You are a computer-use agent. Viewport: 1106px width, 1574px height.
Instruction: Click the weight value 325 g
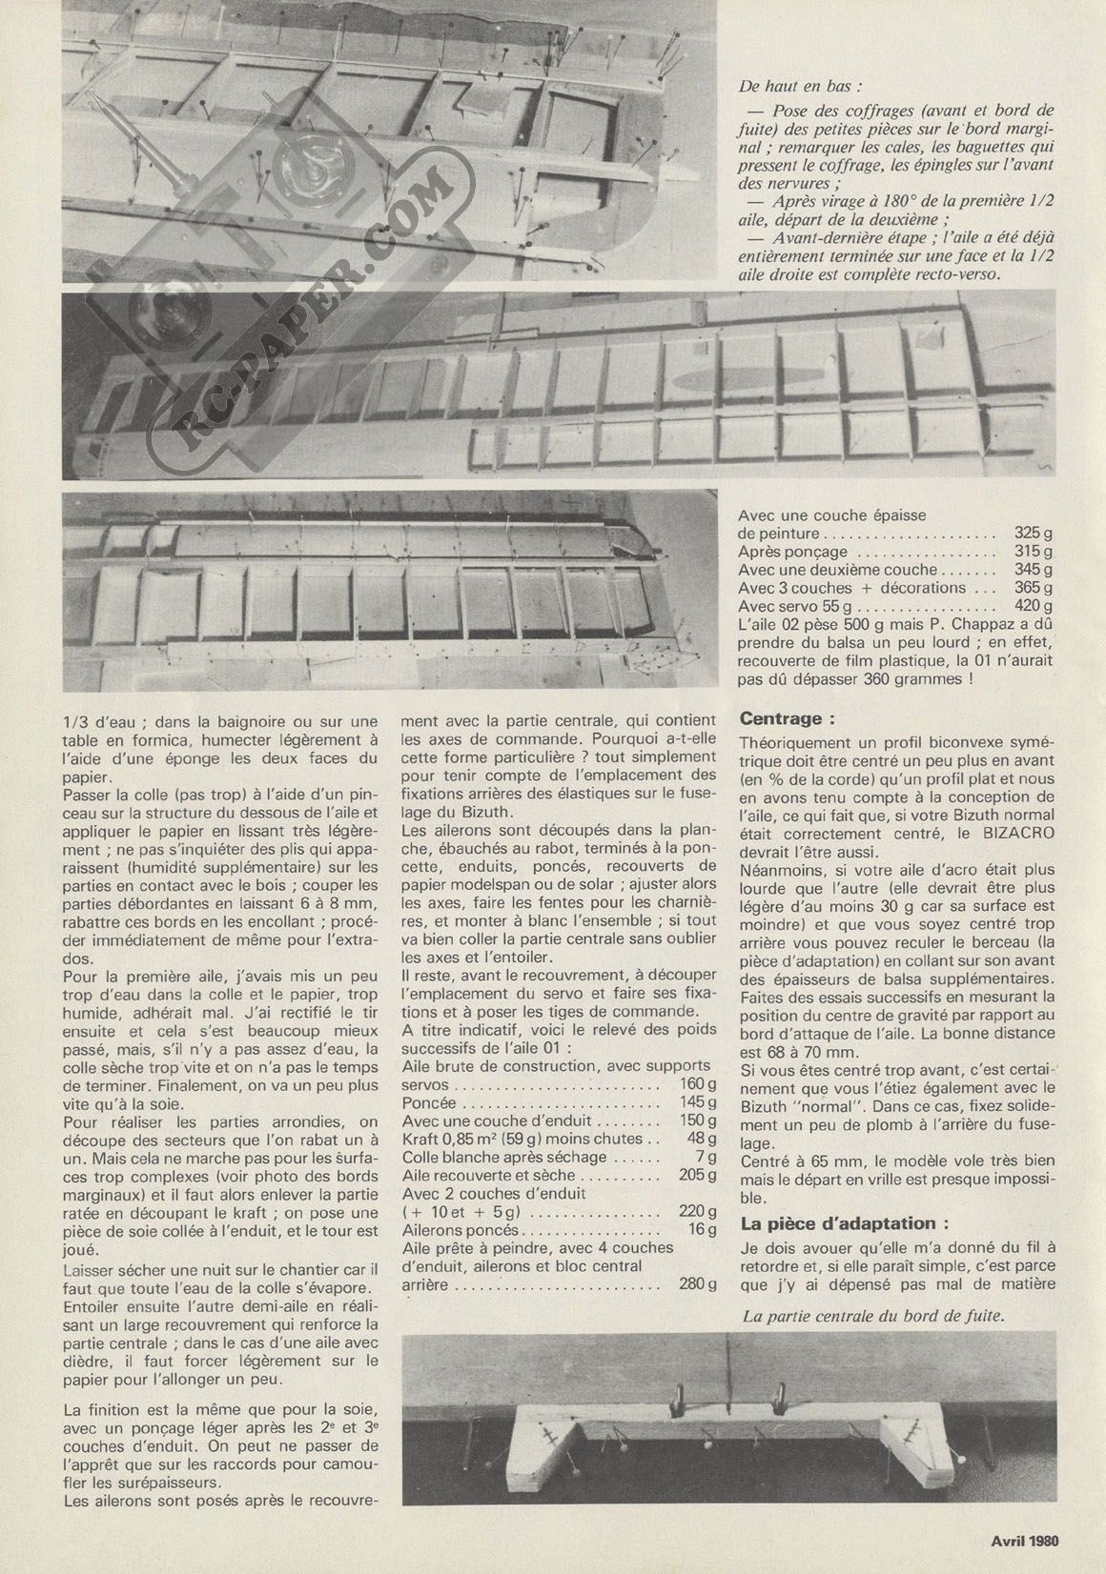1034,535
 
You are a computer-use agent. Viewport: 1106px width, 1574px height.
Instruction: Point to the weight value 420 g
1034,606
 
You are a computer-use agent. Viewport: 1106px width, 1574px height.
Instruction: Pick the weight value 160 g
699,1084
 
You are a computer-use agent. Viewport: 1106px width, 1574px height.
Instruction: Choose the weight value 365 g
1034,588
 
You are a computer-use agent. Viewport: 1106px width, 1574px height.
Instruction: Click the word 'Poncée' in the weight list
429,1102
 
